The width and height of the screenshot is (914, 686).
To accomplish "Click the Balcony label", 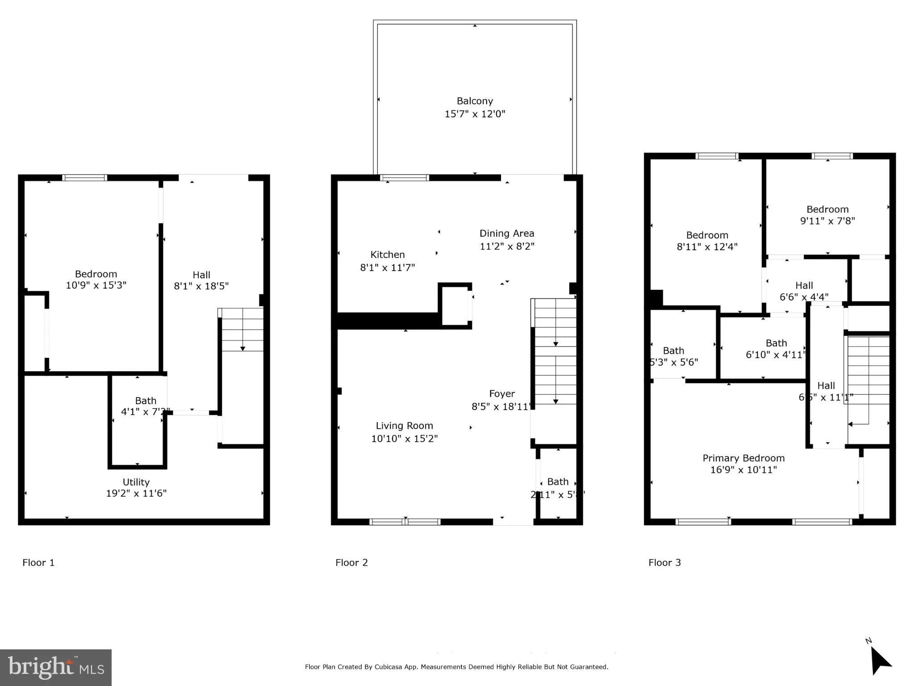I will point(474,101).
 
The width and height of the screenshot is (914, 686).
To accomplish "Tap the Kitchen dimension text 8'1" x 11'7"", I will point(387,268).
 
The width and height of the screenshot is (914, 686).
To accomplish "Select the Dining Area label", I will point(506,233).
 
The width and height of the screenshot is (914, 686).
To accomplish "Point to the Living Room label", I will point(404,426).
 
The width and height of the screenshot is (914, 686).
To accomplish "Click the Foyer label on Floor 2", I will point(501,393).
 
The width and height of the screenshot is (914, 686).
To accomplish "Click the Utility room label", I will point(136,482).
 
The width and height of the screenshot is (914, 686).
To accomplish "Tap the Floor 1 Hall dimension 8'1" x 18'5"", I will point(201,286).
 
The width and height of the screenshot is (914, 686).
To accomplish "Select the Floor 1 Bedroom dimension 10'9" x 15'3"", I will point(96,285).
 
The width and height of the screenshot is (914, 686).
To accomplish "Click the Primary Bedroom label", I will point(743,458).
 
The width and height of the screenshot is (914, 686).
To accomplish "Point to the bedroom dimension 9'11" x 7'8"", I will point(827,221).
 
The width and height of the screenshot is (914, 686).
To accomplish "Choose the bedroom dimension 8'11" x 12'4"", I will point(707,247).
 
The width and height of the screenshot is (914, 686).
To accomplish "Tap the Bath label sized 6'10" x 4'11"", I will point(776,343).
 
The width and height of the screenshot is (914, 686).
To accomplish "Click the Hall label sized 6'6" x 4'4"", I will point(804,285).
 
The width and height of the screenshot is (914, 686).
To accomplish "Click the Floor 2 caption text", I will point(351,562).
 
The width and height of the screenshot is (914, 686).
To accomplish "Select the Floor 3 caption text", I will point(664,562).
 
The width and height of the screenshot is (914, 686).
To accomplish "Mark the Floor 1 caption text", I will point(38,562).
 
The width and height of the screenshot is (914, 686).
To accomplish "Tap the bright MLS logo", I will point(55,667).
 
